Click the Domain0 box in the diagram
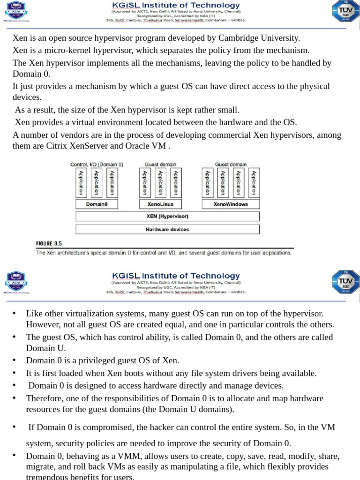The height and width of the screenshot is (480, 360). point(97,204)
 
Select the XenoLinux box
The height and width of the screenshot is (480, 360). point(160,204)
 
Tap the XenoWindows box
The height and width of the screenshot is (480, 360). point(230,204)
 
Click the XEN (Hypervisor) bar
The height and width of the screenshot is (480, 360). point(167,216)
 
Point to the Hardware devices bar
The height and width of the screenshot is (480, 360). point(167,229)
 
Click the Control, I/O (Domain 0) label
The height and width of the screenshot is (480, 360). point(97,165)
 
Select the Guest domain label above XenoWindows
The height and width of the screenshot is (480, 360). point(231,165)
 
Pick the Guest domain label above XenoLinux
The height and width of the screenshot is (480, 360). point(160,165)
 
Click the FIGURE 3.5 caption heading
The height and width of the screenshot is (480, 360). point(49,243)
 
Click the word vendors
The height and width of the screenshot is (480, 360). point(64,135)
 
